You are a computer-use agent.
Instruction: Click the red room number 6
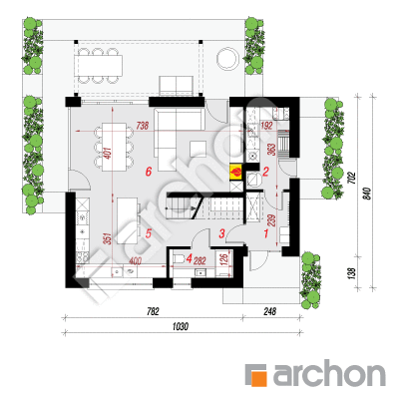tap(149, 172)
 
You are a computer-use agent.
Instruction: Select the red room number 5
tap(149, 233)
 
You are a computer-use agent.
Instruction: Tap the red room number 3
tap(221, 233)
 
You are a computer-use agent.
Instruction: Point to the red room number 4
tap(190, 258)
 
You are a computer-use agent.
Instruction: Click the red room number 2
tap(265, 172)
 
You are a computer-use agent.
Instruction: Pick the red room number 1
tap(266, 233)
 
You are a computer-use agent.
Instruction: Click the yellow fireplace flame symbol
tap(236, 172)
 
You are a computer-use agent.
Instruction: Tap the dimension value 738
tap(142, 126)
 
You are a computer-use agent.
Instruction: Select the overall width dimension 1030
tap(181, 326)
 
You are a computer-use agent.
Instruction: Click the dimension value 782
tap(153, 311)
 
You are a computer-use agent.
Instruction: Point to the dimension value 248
tap(270, 311)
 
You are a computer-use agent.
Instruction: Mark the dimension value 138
tap(352, 272)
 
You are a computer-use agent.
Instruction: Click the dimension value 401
tap(109, 154)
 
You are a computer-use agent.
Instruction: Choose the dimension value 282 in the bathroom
tap(199, 261)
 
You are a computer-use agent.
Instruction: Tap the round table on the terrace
tap(227, 58)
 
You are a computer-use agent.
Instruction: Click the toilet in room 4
tap(178, 259)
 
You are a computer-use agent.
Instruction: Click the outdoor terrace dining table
tap(99, 65)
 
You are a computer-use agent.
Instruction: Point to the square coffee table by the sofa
tap(199, 148)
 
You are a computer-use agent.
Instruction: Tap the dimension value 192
tap(266, 126)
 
